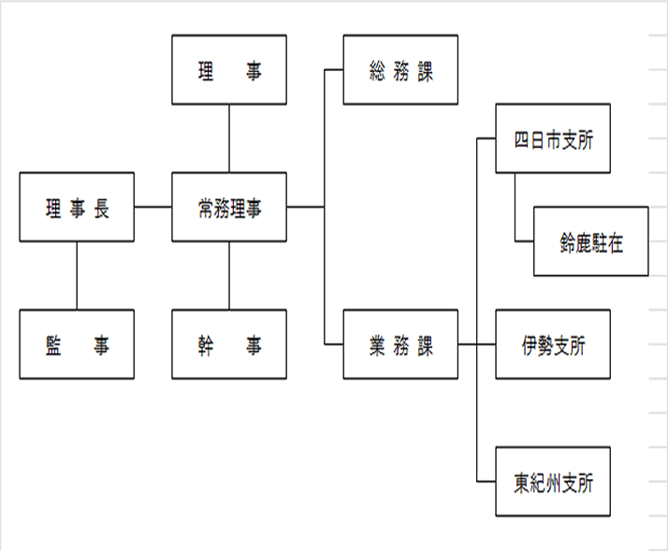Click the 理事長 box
tap(77, 207)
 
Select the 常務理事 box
tap(229, 207)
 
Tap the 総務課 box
tap(400, 70)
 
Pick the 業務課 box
tap(400, 344)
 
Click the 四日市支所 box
tap(553, 138)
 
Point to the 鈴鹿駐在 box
tap(591, 241)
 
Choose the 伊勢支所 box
tap(553, 344)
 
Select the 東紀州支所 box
tap(553, 482)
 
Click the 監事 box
tap(77, 344)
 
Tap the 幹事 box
tap(229, 344)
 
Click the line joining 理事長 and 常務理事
tap(152, 207)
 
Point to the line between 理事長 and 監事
tap(77, 276)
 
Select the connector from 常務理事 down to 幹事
tap(229, 276)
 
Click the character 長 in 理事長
tap(101, 209)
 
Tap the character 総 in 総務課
tap(377, 71)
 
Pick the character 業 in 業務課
tap(377, 345)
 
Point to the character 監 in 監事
tap(53, 345)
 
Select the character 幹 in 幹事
tap(206, 345)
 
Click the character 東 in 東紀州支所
tap(521, 484)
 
